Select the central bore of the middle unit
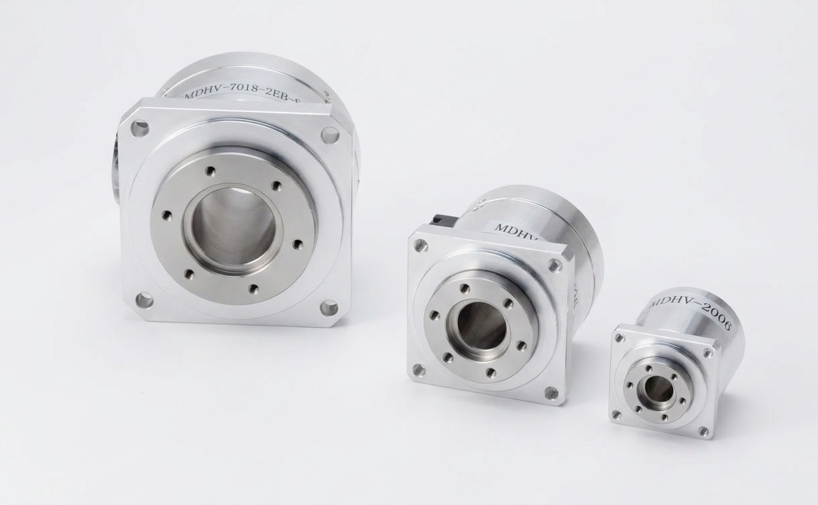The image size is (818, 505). point(481,326)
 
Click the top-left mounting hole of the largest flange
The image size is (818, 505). point(139,129)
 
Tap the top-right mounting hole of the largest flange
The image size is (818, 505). point(329,135)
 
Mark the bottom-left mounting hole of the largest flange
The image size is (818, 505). point(144,300)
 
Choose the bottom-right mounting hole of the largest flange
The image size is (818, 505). point(329,308)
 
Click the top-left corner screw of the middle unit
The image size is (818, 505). point(420,246)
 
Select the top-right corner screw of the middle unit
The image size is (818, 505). point(554,265)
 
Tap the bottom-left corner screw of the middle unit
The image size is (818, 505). point(419,369)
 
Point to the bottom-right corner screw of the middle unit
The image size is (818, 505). point(551,393)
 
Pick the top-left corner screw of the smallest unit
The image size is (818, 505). point(620,338)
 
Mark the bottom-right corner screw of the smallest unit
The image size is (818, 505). point(703,431)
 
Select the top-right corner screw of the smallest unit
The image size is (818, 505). point(707,352)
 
